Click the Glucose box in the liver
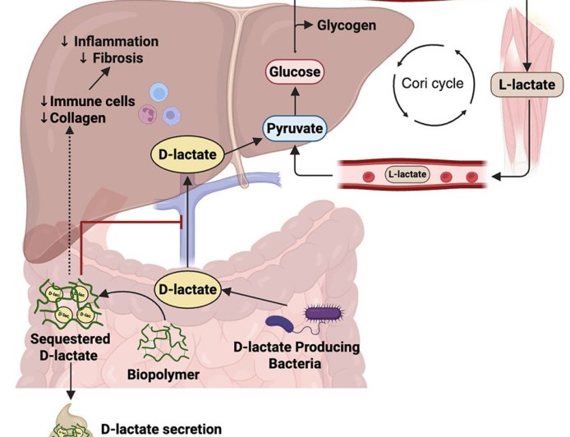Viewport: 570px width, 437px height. pyautogui.click(x=294, y=72)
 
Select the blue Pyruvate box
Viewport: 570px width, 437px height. pyautogui.click(x=293, y=129)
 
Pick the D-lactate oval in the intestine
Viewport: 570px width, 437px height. pyautogui.click(x=188, y=289)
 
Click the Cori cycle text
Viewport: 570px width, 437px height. pyautogui.click(x=433, y=83)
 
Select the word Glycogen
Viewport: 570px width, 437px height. pyautogui.click(x=346, y=25)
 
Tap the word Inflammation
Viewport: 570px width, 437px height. pyautogui.click(x=115, y=41)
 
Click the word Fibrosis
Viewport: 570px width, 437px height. pyautogui.click(x=116, y=57)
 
